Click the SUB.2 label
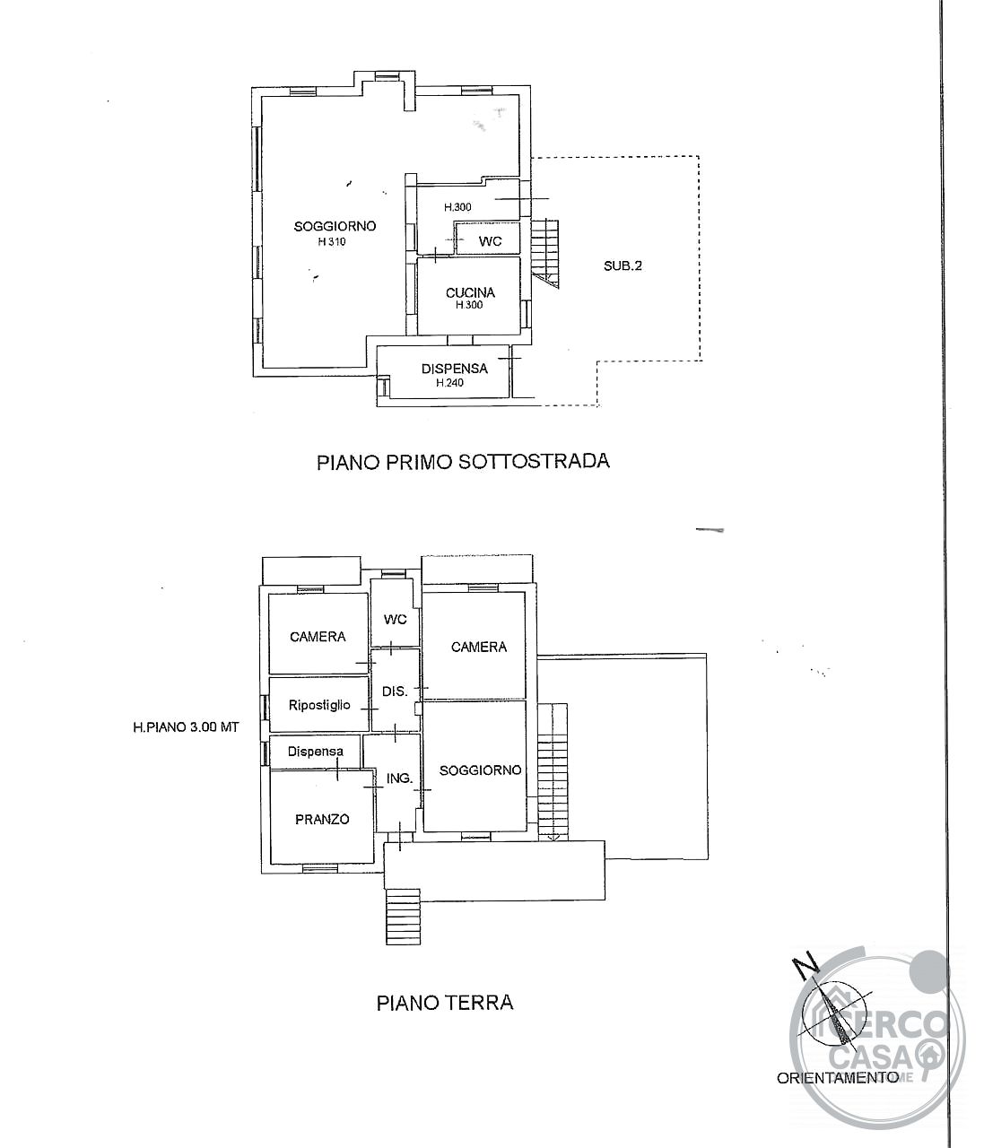coord(623,266)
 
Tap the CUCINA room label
coord(470,292)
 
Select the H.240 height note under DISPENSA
coord(449,383)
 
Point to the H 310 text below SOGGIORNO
coord(332,241)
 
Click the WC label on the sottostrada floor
coord(490,241)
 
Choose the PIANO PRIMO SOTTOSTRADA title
coord(463,462)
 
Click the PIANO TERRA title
coord(445,1003)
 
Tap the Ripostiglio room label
coord(319,705)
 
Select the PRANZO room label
coord(322,819)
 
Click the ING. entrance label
coord(399,778)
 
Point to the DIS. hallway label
coord(395,691)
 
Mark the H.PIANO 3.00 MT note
coord(187,727)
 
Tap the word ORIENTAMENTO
coord(837,1093)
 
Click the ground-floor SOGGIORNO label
coord(480,770)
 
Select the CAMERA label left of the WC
coord(318,637)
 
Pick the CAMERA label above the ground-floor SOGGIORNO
coord(479,647)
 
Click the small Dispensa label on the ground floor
coord(316,751)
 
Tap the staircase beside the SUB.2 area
coord(545,254)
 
